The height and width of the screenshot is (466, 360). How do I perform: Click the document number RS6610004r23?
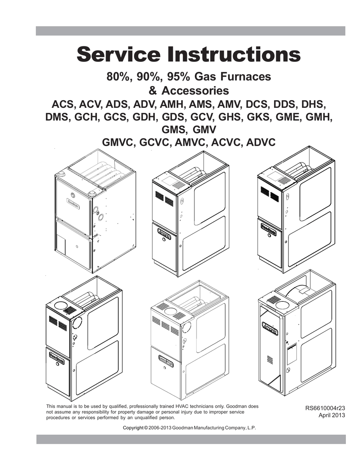click(x=325, y=408)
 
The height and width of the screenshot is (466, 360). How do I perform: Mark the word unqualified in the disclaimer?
click(x=143, y=417)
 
